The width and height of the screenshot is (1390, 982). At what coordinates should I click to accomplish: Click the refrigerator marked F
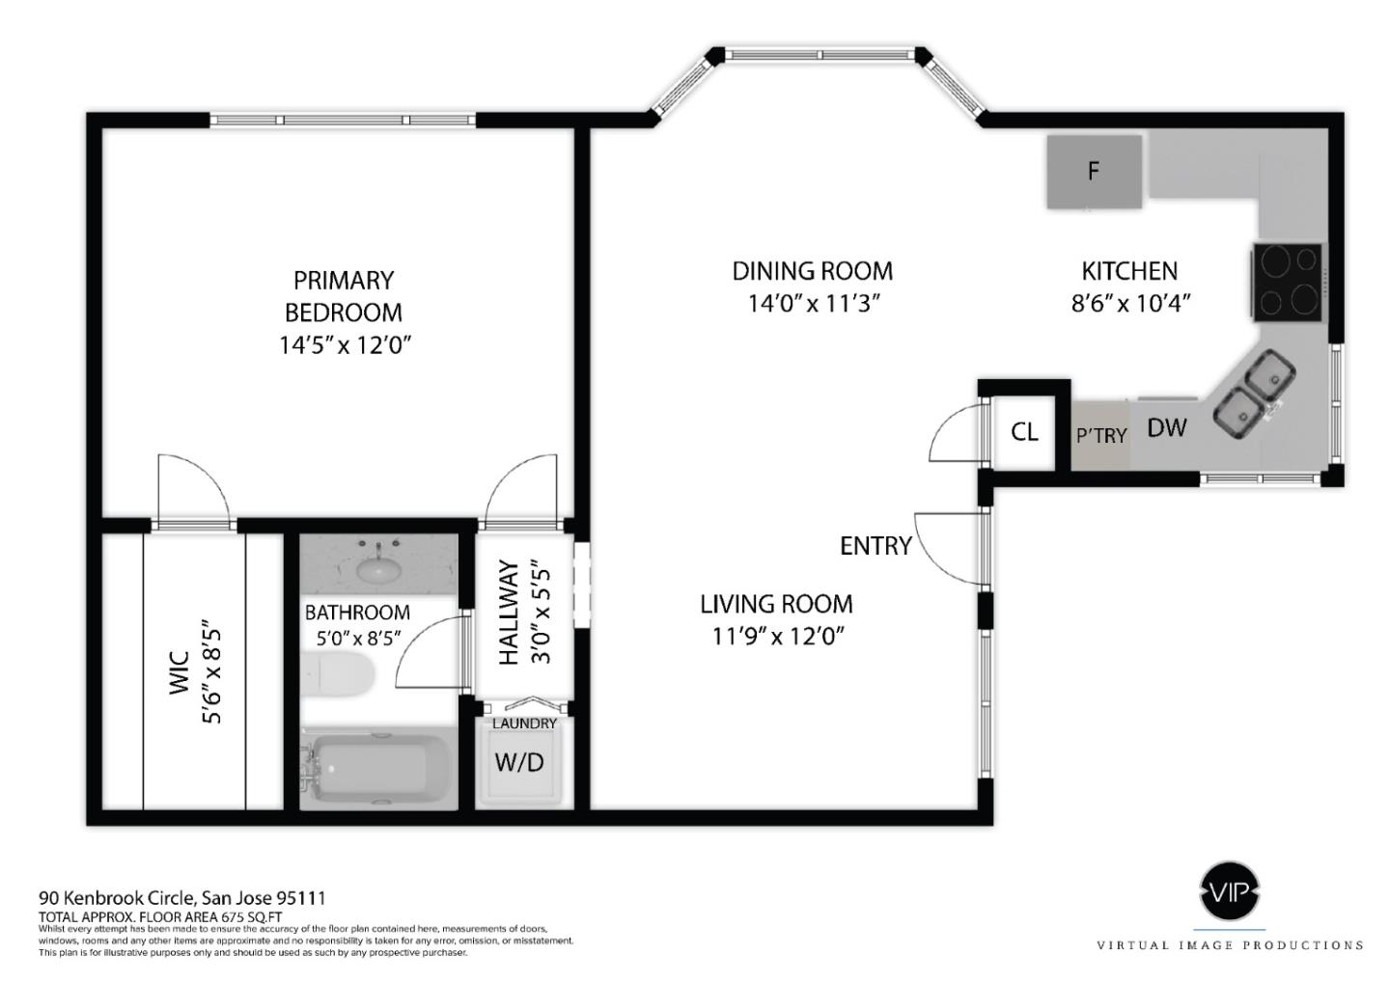coord(1094,171)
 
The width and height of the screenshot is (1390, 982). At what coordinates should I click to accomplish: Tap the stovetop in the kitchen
coord(1287,281)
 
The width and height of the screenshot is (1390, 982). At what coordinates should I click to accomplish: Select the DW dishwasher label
coord(1166,427)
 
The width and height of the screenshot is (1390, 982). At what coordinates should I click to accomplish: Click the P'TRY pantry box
coord(1100,435)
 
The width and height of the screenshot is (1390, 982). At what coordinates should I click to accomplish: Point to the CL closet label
coord(1024,431)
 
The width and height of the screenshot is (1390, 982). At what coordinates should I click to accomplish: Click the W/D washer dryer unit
coord(519,762)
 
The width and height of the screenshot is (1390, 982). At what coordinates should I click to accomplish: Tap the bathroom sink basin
coord(379,569)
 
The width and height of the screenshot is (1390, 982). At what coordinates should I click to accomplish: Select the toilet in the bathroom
coord(337,673)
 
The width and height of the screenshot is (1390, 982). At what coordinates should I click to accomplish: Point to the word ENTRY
coord(876,546)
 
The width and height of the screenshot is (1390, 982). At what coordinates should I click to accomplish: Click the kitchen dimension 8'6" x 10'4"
coord(1129,303)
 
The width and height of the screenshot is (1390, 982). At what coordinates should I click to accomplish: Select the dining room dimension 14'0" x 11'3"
coord(812,303)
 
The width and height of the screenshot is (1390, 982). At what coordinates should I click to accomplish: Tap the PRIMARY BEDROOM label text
coord(344,296)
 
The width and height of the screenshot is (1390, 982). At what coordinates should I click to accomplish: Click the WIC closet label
coord(180,672)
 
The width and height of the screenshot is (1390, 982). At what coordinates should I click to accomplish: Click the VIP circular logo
coord(1229,891)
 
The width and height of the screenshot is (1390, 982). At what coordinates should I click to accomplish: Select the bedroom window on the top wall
coord(343,121)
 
